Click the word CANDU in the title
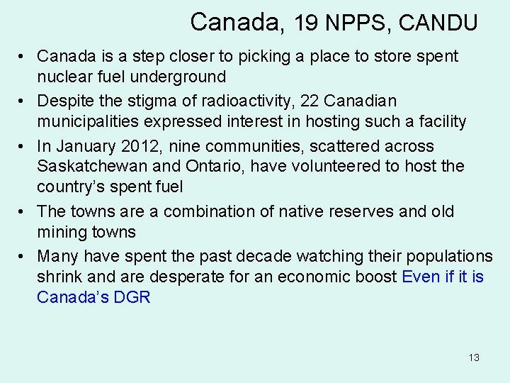point(438,23)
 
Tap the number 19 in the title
point(306,23)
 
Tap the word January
point(84,146)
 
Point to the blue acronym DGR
point(132,297)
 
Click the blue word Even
point(421,277)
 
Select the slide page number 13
point(474,357)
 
